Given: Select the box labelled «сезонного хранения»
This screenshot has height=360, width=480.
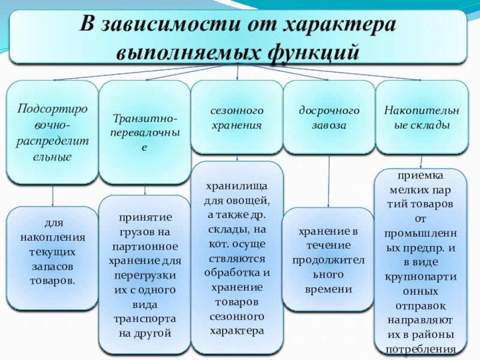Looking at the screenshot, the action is click(237, 118).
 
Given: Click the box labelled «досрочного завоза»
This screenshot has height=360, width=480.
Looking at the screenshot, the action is click(329, 118).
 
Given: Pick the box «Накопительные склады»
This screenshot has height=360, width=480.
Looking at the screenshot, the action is click(421, 118).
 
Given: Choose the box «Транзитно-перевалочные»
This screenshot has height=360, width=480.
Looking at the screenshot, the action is click(145, 133).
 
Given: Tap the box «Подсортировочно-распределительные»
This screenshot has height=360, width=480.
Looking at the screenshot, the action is click(52, 133).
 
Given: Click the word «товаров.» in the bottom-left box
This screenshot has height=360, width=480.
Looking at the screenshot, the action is click(52, 281).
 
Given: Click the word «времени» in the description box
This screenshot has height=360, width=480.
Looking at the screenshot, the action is click(329, 289).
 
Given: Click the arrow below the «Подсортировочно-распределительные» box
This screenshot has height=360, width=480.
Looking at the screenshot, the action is click(52, 195).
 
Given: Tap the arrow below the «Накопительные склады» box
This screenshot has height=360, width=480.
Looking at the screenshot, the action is click(421, 161).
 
